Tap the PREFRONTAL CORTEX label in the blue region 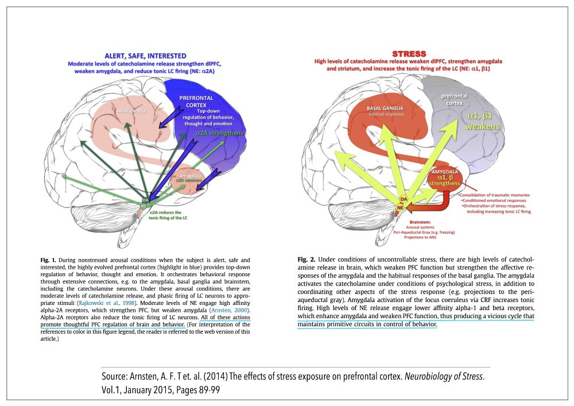[196, 102]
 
